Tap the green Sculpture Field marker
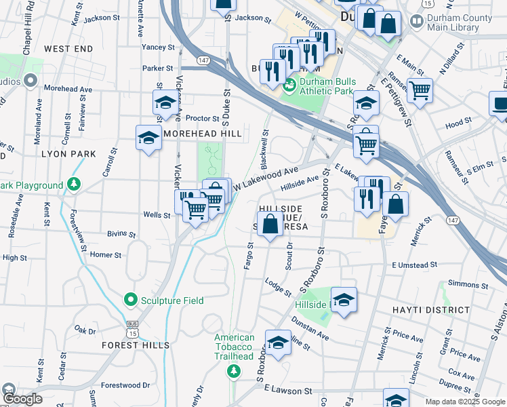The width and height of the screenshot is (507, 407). [129, 298]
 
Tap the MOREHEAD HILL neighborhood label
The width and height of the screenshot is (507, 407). [203, 134]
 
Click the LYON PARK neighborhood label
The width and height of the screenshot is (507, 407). [68, 154]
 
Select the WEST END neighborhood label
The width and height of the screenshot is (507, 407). [68, 49]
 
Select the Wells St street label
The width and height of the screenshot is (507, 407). [157, 215]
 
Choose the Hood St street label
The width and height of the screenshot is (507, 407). [459, 123]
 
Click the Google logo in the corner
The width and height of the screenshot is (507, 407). [22, 399]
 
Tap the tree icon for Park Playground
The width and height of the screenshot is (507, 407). [74, 185]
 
